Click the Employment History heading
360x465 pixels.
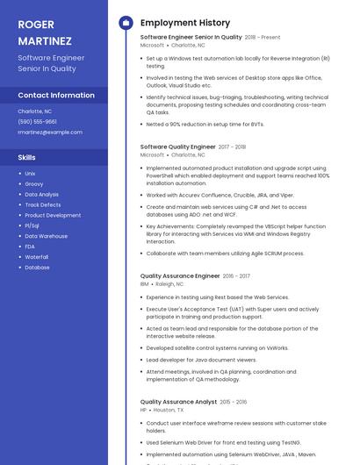point(185,23)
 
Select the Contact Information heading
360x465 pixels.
point(56,95)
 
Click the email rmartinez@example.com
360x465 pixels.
point(50,132)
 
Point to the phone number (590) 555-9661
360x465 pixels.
point(37,122)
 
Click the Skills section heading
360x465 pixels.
point(27,157)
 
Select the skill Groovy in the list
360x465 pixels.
point(34,184)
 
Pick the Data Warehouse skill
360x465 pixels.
point(46,236)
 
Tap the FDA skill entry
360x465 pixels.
point(30,247)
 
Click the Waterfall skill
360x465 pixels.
point(37,257)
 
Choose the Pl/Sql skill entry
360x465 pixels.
point(32,225)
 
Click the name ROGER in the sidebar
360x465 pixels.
point(35,24)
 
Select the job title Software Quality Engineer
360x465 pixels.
point(178,147)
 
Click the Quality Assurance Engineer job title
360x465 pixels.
point(180,275)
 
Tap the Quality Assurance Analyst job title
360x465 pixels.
point(178,402)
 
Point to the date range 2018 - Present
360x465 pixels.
point(263,38)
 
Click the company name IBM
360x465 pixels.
point(145,284)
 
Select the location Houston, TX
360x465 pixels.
point(169,410)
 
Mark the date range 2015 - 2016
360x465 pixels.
point(234,402)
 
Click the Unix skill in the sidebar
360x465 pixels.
point(30,174)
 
